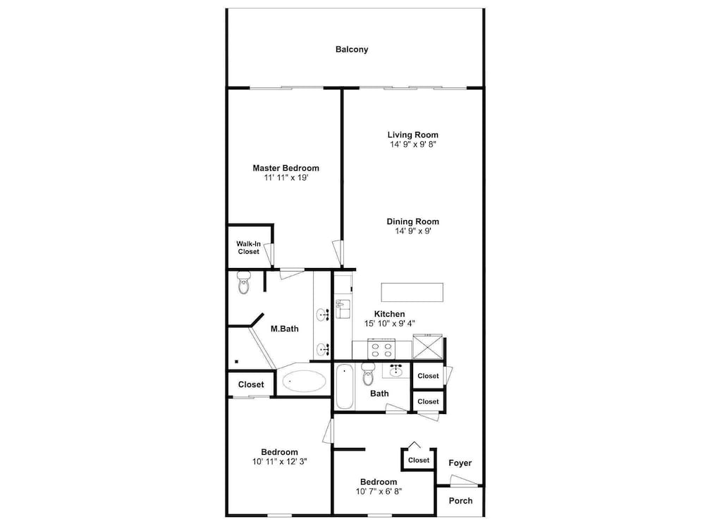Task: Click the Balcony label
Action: point(352,49)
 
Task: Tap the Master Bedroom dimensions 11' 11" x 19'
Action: point(286,178)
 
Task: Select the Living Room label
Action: point(412,135)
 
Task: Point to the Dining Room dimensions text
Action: point(413,231)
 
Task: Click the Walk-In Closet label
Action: point(249,248)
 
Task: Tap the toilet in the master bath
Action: point(244,283)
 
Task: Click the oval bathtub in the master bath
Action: point(304,382)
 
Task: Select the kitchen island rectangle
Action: point(412,293)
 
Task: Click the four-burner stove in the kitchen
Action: point(381,348)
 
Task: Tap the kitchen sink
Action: point(342,309)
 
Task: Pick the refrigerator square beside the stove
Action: point(428,347)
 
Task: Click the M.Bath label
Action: point(285,329)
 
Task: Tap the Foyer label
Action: point(460,463)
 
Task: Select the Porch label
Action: point(460,501)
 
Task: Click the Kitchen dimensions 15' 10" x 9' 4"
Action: point(389,324)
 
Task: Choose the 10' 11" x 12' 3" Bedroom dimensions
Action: point(280,461)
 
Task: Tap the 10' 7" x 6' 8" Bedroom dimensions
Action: point(379,491)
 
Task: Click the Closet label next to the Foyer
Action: point(419,460)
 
